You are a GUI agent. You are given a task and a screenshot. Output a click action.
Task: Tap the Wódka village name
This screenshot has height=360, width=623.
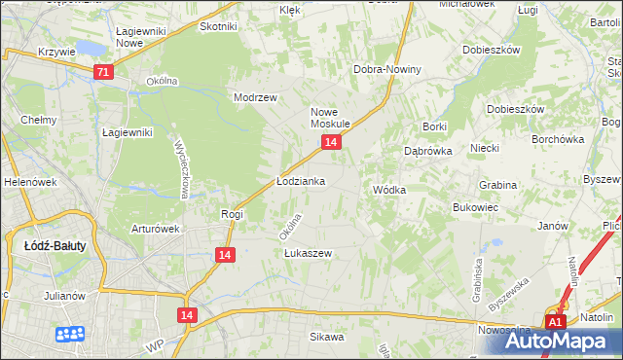[x=388, y=190]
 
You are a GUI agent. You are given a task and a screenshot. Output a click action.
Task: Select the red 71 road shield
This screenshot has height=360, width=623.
[x=104, y=72]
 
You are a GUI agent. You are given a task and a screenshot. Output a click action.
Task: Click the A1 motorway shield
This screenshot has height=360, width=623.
[x=555, y=322]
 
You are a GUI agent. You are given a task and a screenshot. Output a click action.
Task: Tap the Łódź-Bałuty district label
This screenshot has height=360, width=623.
[x=55, y=246]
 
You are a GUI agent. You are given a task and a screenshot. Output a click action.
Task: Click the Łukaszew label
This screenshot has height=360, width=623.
[x=308, y=253]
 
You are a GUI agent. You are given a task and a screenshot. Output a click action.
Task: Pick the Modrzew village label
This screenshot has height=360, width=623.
[x=256, y=97]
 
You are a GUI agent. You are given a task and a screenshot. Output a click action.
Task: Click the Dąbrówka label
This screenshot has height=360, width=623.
[x=425, y=151]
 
